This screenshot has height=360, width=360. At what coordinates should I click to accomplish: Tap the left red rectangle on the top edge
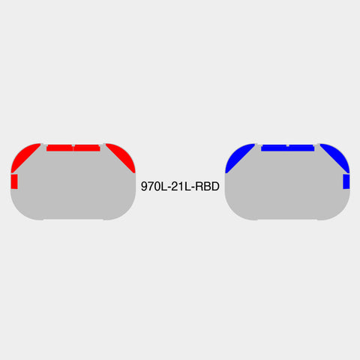(x=60, y=148)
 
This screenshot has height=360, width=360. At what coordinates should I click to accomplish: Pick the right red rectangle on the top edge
(x=87, y=148)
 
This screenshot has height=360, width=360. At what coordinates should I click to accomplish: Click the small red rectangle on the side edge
(x=14, y=181)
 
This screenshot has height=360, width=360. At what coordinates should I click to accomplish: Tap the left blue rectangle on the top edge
(x=274, y=148)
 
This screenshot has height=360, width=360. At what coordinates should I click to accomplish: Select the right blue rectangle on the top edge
(x=301, y=148)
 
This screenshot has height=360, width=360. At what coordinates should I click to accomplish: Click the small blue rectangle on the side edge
(x=346, y=181)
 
